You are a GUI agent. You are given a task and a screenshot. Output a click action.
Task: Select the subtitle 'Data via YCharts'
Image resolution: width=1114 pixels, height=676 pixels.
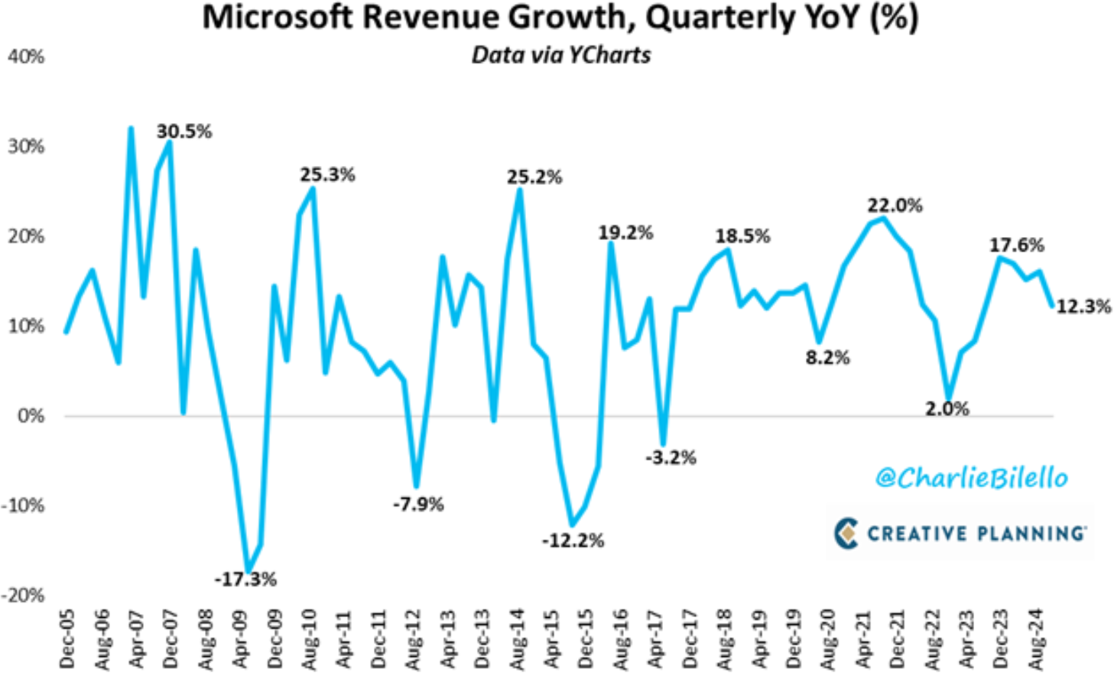(x=560, y=55)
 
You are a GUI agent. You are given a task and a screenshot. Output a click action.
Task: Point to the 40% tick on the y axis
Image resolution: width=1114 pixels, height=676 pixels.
(x=26, y=57)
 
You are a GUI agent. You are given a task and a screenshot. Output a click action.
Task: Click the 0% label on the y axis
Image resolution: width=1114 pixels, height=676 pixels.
(x=31, y=416)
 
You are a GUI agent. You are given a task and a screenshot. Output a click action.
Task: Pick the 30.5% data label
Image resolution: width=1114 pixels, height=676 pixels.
(x=184, y=132)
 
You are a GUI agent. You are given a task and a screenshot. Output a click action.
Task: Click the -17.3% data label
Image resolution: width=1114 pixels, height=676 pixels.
(x=245, y=580)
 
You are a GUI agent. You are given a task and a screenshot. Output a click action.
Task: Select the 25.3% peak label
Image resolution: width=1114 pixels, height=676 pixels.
(x=327, y=175)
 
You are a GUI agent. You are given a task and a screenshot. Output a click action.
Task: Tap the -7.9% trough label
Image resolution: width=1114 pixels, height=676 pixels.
(x=417, y=505)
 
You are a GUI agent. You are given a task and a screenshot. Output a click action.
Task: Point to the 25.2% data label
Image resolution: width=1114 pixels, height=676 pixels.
(x=534, y=177)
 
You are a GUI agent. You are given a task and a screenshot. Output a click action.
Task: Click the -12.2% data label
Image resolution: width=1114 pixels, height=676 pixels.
(x=573, y=541)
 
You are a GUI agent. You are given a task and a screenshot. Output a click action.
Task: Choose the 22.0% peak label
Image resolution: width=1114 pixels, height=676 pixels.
(x=895, y=206)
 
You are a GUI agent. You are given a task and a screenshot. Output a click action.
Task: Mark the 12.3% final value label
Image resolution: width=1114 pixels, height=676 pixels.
(x=1083, y=307)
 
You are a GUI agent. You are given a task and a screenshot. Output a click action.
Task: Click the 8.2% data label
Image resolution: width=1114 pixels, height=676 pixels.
(x=827, y=358)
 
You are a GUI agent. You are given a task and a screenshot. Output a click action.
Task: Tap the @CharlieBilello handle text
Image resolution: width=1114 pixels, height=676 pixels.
(x=971, y=478)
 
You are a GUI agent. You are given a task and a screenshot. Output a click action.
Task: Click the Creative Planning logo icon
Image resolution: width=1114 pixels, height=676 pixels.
(x=846, y=533)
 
